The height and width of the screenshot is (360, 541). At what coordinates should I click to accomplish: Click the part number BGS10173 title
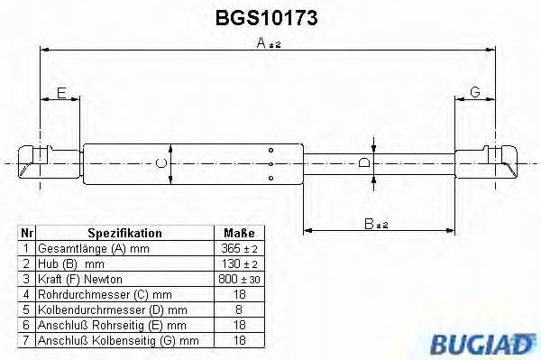(x=266, y=18)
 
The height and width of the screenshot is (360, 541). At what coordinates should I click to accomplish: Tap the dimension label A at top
(x=261, y=42)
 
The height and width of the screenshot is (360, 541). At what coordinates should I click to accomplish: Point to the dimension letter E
(x=61, y=93)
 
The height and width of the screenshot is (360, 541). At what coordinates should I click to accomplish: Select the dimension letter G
(x=475, y=92)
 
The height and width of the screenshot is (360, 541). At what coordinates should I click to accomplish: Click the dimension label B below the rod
(x=369, y=224)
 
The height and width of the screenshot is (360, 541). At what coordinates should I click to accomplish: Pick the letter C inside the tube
(x=161, y=163)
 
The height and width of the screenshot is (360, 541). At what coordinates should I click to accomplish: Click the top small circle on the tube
(x=270, y=150)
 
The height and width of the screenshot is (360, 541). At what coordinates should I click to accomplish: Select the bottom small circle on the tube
(x=270, y=178)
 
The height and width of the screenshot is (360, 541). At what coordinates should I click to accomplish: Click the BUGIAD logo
(x=482, y=344)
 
